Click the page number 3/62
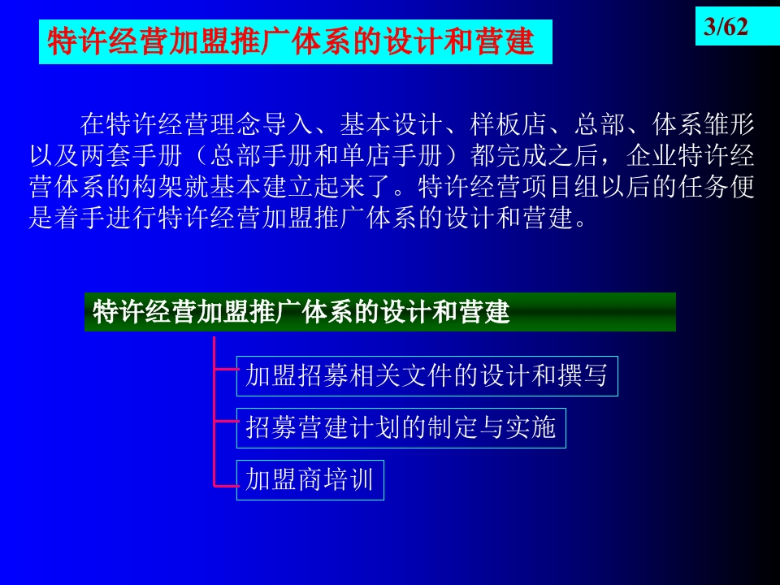(726, 26)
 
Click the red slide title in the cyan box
(291, 41)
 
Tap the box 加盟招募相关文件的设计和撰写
(427, 376)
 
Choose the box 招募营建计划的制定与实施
(401, 428)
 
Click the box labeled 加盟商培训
(310, 480)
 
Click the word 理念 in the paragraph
(236, 124)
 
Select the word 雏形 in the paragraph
(730, 124)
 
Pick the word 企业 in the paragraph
(652, 156)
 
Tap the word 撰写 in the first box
(582, 376)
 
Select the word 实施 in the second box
(531, 428)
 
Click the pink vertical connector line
(214, 411)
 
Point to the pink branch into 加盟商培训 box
(225, 485)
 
